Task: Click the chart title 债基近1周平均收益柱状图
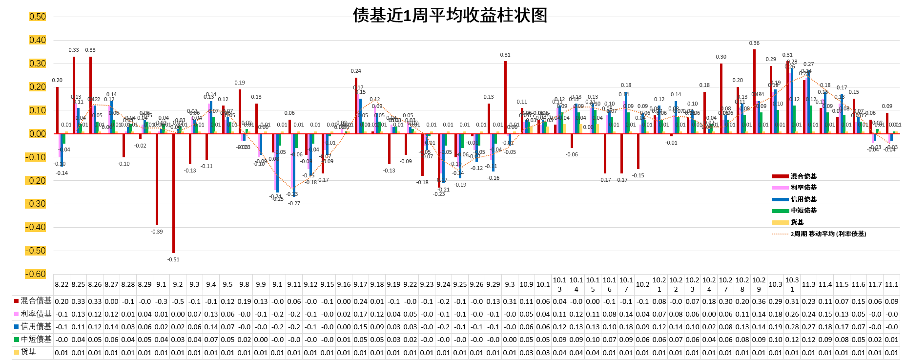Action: pos(450,15)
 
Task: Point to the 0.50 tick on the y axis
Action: pos(38,17)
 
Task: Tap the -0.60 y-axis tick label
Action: pos(36,274)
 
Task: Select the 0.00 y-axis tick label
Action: pos(38,134)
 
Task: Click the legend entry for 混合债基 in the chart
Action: pos(803,176)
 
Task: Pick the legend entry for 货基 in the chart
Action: pos(797,222)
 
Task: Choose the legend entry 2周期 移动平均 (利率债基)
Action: pos(828,234)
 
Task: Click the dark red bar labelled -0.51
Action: pos(173,193)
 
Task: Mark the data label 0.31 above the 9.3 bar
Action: pos(505,55)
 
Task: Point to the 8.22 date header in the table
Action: pos(62,284)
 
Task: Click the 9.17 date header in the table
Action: pos(360,284)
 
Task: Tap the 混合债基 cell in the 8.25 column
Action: pos(78,301)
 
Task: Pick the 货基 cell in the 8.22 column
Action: pos(62,352)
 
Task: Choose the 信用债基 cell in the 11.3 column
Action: pos(808,327)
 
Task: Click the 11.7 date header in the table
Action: pos(875,284)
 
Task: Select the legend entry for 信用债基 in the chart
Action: pos(803,199)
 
